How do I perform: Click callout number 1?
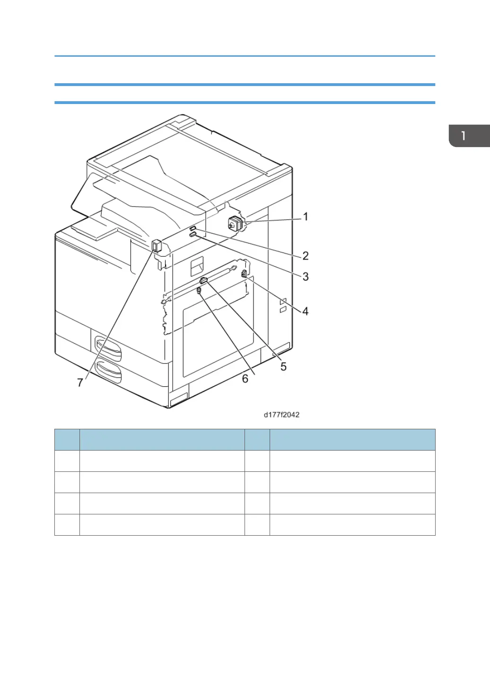(x=306, y=217)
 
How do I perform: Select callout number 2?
(x=306, y=256)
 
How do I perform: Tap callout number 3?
(x=306, y=277)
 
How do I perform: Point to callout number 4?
(x=306, y=311)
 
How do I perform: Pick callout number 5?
(x=283, y=366)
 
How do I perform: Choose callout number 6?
(x=245, y=379)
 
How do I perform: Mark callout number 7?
(x=80, y=382)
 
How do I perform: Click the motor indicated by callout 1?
(x=235, y=224)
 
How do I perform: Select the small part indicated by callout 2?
(x=192, y=229)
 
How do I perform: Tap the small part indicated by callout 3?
(x=193, y=235)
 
